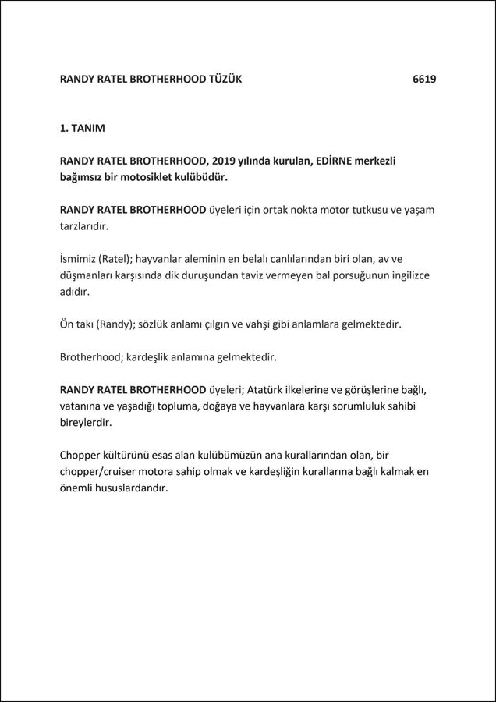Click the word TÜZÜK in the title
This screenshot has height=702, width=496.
[225, 80]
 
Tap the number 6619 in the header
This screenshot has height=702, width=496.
[424, 80]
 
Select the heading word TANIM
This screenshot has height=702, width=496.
[89, 127]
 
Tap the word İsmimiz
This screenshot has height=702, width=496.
[78, 259]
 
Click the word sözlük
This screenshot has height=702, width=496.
[157, 324]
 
